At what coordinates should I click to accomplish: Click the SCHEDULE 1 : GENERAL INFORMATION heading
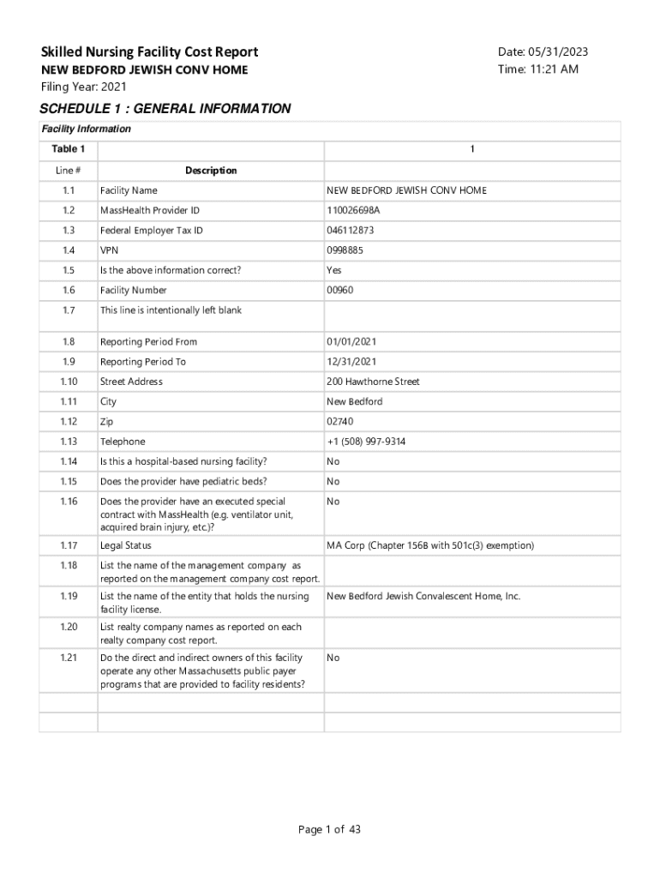(x=165, y=109)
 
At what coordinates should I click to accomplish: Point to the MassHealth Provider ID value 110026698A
(x=353, y=210)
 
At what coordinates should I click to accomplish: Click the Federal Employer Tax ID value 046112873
(x=351, y=231)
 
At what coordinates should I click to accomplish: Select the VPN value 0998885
(x=345, y=250)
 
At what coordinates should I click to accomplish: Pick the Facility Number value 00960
(x=340, y=291)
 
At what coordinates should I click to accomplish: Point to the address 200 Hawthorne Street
(x=373, y=382)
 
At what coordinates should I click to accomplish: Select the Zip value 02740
(x=340, y=422)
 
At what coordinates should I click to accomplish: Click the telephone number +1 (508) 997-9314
(x=366, y=442)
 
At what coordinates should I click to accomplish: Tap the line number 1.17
(x=69, y=545)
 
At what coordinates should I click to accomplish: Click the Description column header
(x=211, y=171)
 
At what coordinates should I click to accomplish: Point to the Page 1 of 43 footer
(x=330, y=829)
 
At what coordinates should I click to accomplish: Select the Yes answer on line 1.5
(x=334, y=270)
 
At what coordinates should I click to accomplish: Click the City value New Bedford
(x=354, y=401)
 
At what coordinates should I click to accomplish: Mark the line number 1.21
(x=69, y=658)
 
